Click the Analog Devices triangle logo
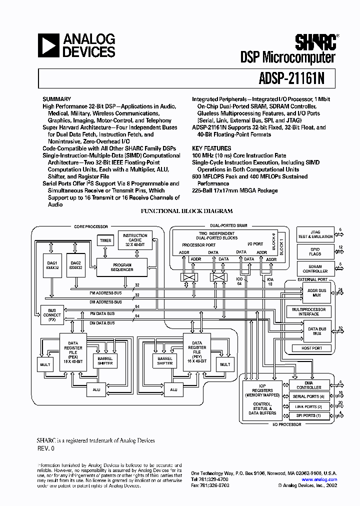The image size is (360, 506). (x=49, y=45)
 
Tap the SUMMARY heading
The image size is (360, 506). (x=56, y=99)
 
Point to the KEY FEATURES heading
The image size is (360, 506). (x=211, y=148)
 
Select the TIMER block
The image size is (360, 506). (x=105, y=240)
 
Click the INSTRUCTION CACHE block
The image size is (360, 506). (x=135, y=239)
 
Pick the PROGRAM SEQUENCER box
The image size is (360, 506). (x=122, y=267)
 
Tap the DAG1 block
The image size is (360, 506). (x=52, y=265)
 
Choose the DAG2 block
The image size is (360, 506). (x=75, y=265)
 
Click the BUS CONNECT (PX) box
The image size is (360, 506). (x=52, y=315)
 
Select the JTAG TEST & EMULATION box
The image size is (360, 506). (x=315, y=234)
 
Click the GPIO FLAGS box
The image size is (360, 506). (x=315, y=251)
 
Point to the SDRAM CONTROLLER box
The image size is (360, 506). (x=315, y=268)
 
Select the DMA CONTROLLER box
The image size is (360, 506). (x=309, y=385)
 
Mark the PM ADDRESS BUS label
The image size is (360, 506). (x=105, y=293)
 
